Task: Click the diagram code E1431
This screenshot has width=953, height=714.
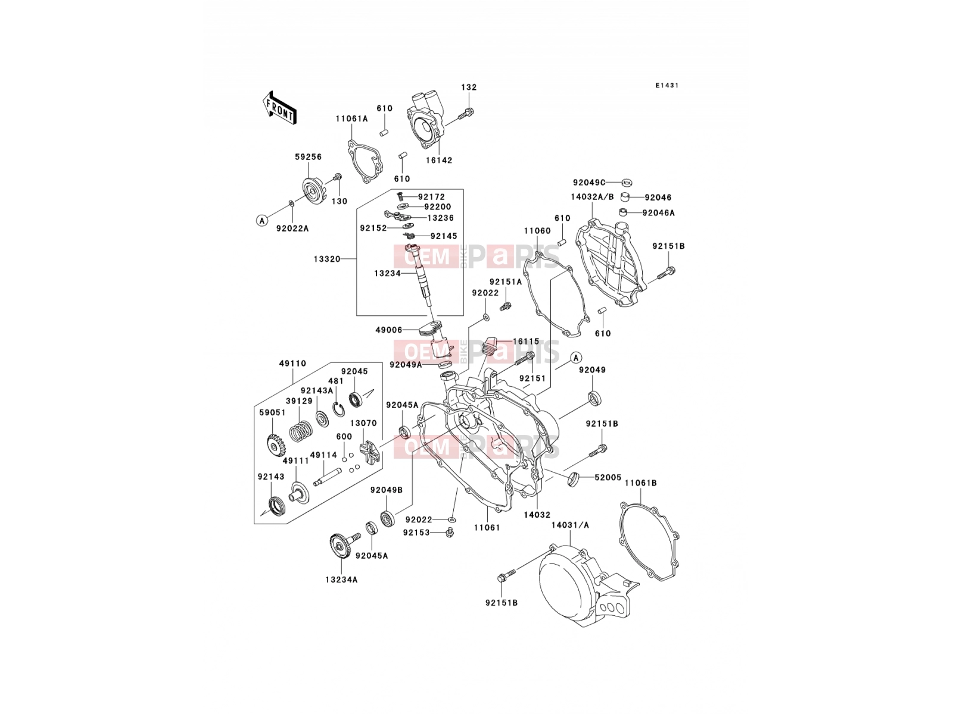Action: tap(667, 86)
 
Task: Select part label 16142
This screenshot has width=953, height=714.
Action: tap(439, 160)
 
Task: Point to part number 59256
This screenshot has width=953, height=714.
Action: tap(309, 157)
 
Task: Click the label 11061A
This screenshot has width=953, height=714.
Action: tap(351, 118)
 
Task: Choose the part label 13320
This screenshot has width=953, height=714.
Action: tap(328, 259)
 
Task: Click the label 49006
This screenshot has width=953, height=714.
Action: tap(389, 330)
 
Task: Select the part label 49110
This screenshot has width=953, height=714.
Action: tap(292, 364)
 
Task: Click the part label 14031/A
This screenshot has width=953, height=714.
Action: tap(571, 525)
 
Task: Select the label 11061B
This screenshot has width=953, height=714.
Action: tap(641, 483)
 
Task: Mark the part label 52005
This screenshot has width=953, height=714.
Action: tap(608, 477)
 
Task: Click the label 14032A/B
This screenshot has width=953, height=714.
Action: tap(593, 197)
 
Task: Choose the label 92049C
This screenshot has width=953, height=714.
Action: tap(589, 183)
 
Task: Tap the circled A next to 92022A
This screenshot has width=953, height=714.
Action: tap(262, 221)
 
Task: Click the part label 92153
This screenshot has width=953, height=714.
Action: tap(416, 533)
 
